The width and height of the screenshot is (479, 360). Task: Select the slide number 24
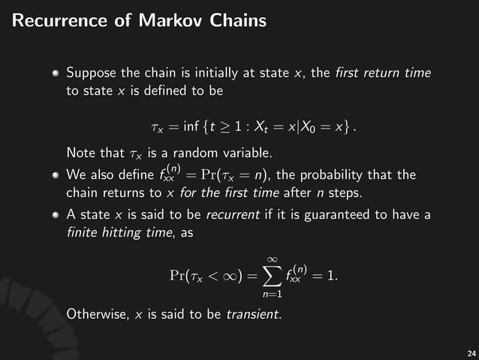[x=471, y=352]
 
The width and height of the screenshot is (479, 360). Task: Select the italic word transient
[x=254, y=313]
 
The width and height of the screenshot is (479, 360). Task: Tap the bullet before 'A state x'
[x=57, y=218]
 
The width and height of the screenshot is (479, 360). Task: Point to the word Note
[x=80, y=154]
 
